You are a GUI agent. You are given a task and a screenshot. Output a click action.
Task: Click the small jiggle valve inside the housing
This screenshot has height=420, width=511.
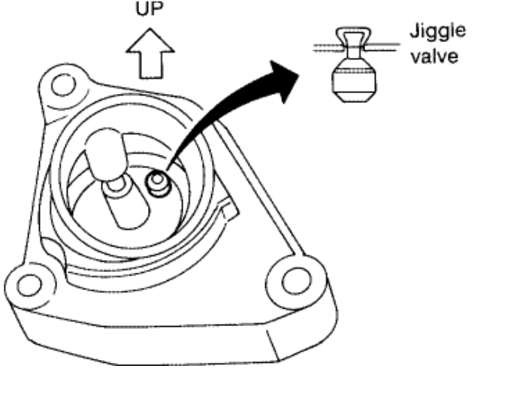point(156,182)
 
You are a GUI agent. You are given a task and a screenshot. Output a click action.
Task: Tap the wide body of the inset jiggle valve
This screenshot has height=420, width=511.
point(350,76)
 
